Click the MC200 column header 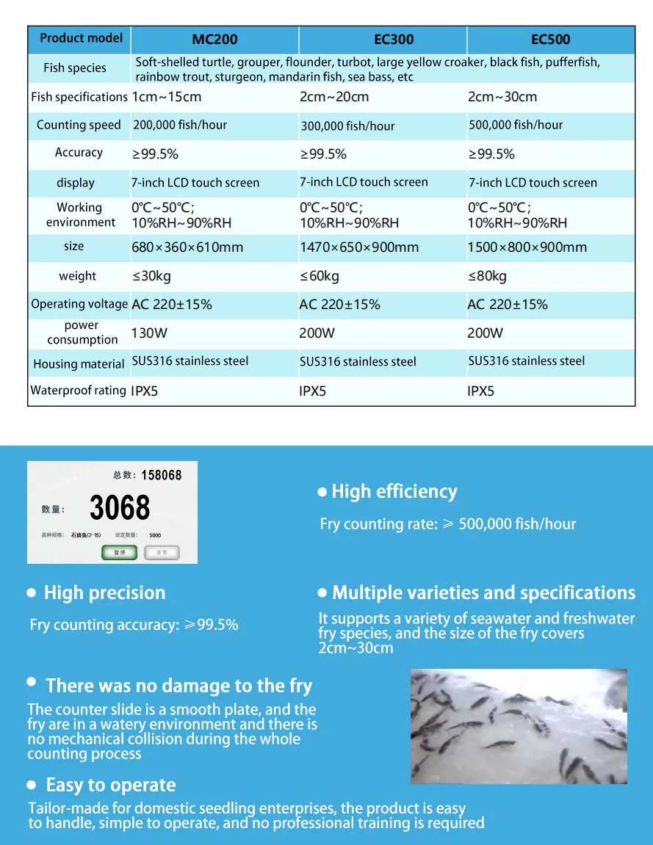pyautogui.click(x=214, y=40)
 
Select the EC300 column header pyautogui.click(x=394, y=40)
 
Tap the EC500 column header pyautogui.click(x=550, y=40)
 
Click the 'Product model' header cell pyautogui.click(x=82, y=38)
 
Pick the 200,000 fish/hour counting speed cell pyautogui.click(x=180, y=125)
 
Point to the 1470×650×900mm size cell pyautogui.click(x=359, y=247)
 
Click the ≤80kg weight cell pyautogui.click(x=487, y=276)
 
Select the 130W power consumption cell pyautogui.click(x=149, y=333)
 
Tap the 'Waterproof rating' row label pyautogui.click(x=78, y=391)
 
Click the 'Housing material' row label pyautogui.click(x=79, y=364)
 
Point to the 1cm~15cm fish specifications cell pyautogui.click(x=167, y=97)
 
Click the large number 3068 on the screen pyautogui.click(x=120, y=508)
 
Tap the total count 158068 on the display pyautogui.click(x=161, y=476)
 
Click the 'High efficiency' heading pyautogui.click(x=394, y=492)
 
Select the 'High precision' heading pyautogui.click(x=104, y=593)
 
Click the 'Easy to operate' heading pyautogui.click(x=110, y=786)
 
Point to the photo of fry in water pyautogui.click(x=519, y=725)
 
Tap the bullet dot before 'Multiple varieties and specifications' pyautogui.click(x=322, y=593)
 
